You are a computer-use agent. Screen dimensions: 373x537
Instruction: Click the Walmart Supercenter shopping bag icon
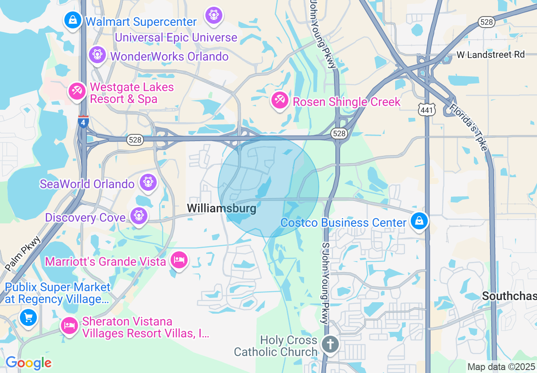(73, 20)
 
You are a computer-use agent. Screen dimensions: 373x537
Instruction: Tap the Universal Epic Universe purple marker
(213, 16)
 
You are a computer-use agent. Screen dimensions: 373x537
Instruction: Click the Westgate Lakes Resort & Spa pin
(78, 91)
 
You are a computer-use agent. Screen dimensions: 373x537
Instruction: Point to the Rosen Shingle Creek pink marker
(280, 100)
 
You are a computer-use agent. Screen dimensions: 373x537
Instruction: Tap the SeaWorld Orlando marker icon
(148, 182)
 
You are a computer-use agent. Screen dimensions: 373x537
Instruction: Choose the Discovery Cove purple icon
(138, 216)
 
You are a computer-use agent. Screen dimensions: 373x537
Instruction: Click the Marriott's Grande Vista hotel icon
(179, 260)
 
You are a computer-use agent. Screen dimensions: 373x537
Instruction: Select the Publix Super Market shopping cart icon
(28, 317)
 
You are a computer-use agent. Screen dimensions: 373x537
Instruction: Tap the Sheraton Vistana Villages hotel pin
(69, 326)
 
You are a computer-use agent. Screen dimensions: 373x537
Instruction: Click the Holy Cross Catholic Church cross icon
(330, 344)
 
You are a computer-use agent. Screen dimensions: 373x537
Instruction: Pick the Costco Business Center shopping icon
(419, 221)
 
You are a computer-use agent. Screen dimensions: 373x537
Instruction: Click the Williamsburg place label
(221, 208)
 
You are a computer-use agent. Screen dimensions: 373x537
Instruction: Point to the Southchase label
(509, 296)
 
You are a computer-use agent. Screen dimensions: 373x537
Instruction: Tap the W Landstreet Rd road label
(490, 55)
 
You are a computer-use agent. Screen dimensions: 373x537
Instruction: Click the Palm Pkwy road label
(24, 253)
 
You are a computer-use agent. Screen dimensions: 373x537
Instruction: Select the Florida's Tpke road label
(469, 127)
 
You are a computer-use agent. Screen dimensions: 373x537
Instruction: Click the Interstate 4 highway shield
(83, 122)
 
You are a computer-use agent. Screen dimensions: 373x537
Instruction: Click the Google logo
(28, 363)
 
